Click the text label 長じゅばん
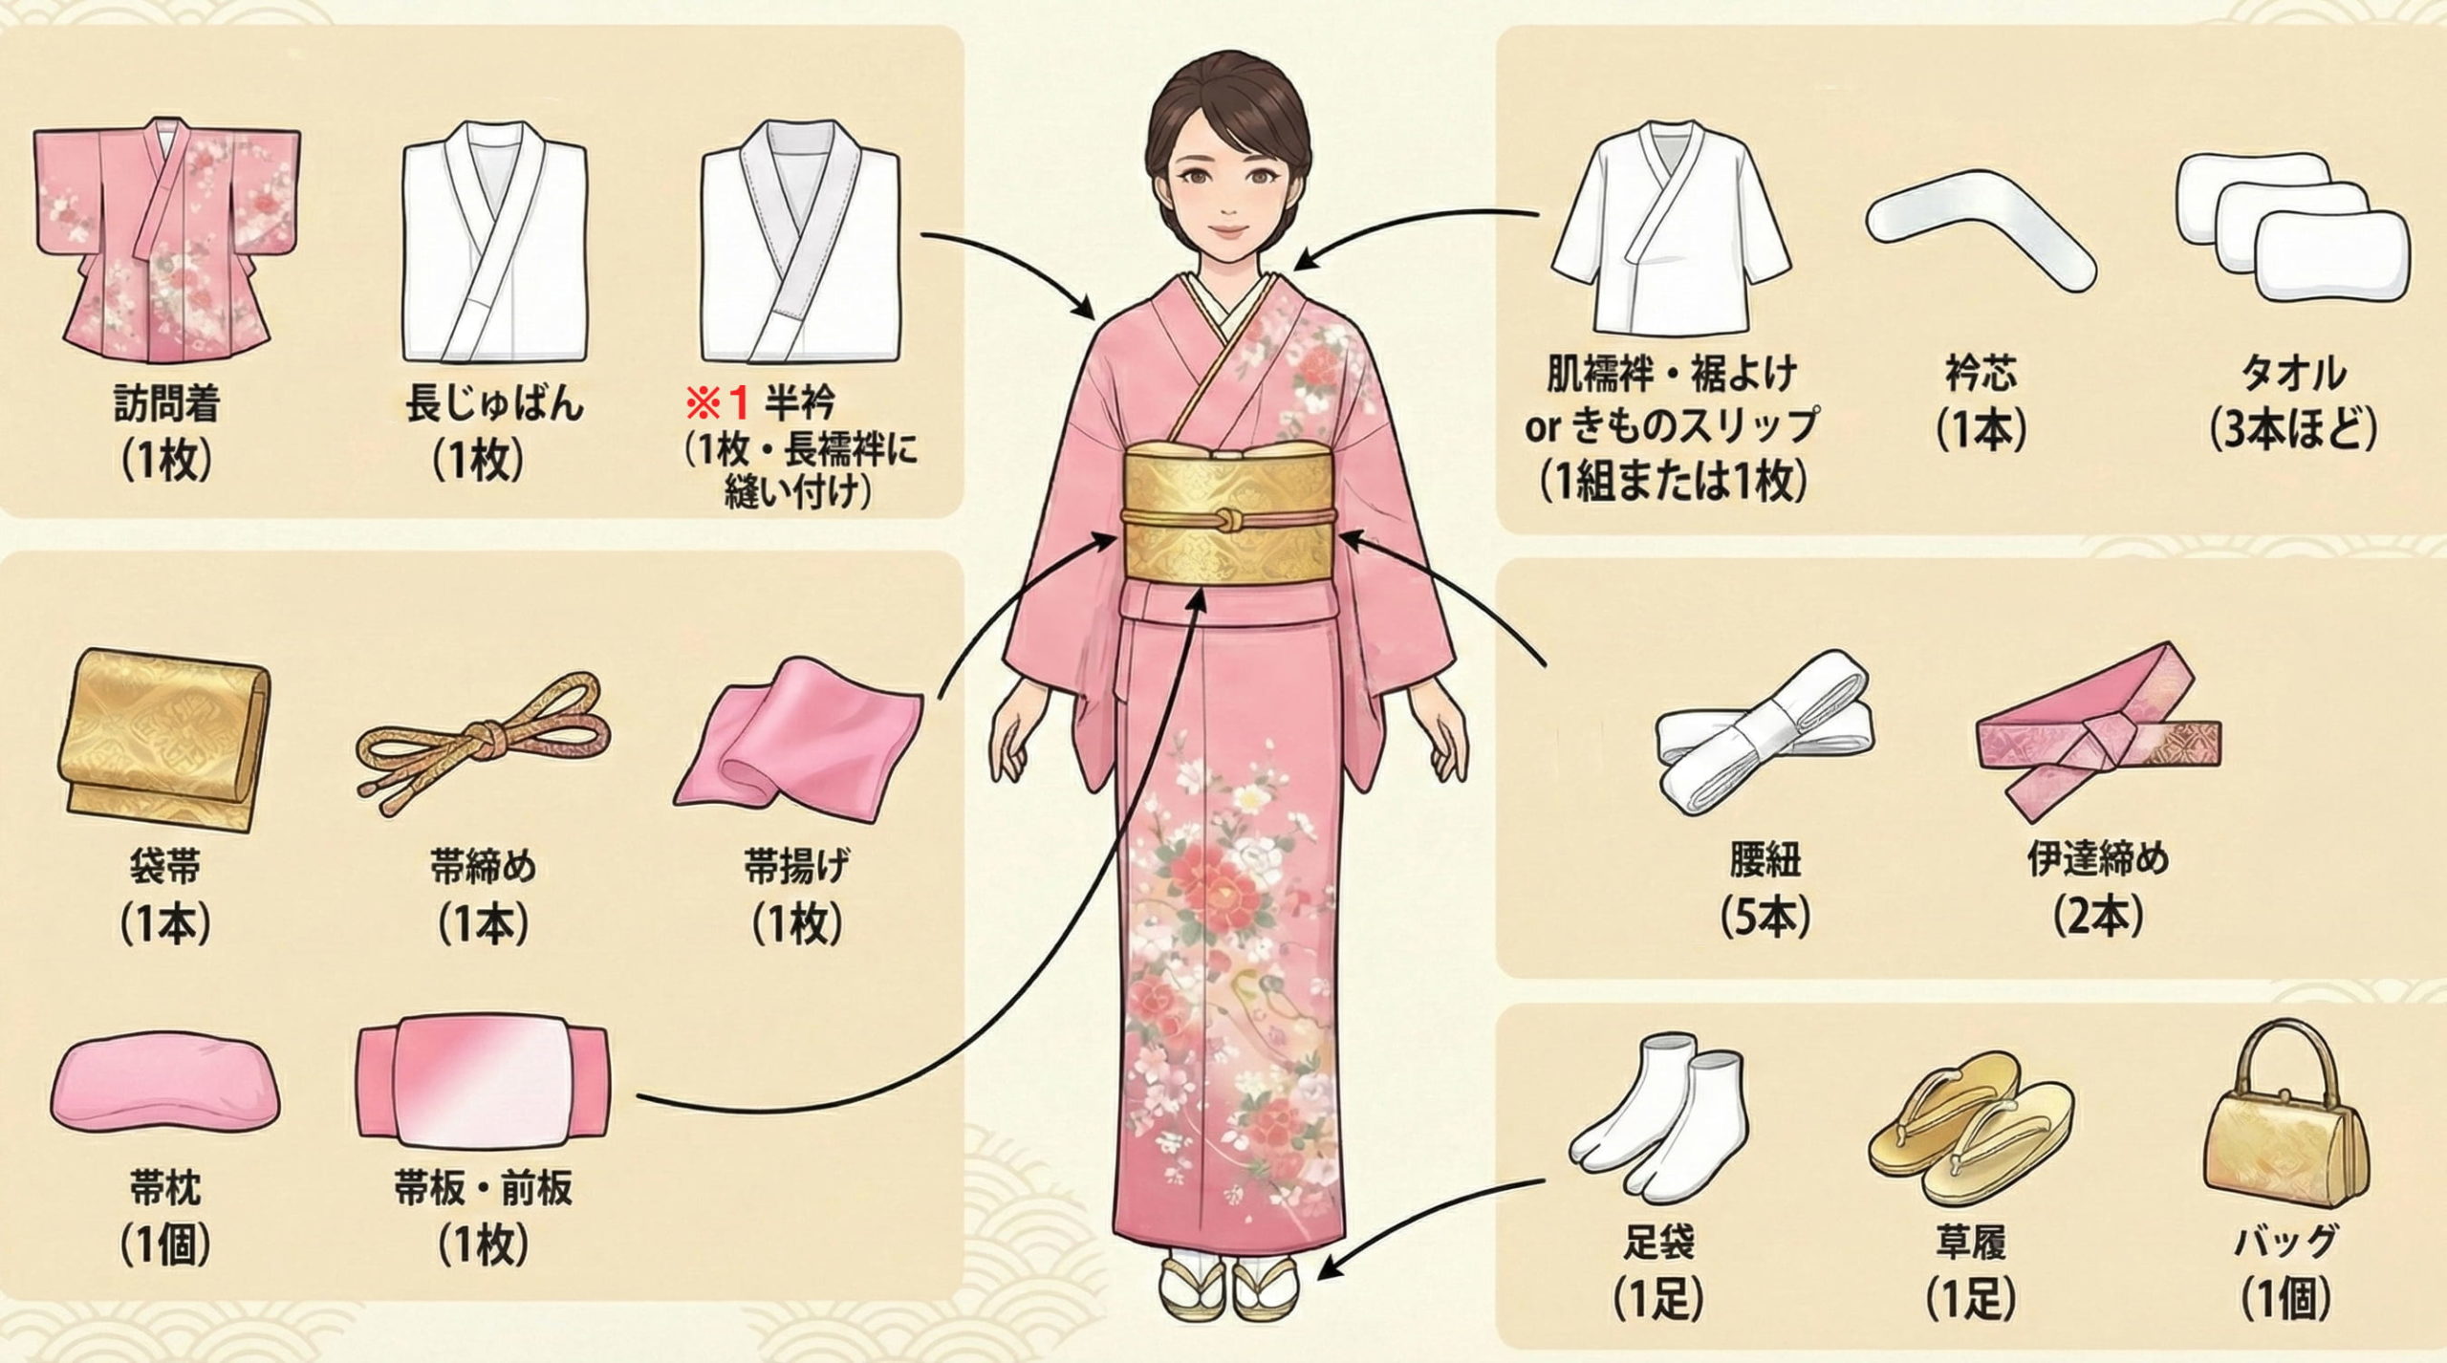click(493, 404)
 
